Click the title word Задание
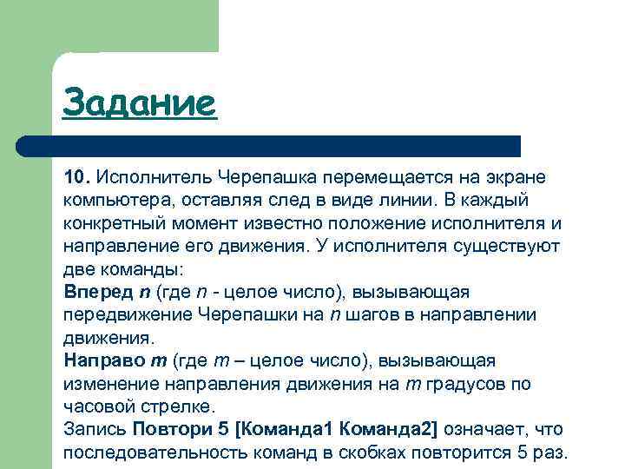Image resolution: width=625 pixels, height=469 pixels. (x=138, y=103)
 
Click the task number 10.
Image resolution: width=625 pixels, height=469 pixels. (x=76, y=177)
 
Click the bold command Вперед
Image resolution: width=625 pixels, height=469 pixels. (x=95, y=291)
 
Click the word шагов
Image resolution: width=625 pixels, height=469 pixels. (x=370, y=314)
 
